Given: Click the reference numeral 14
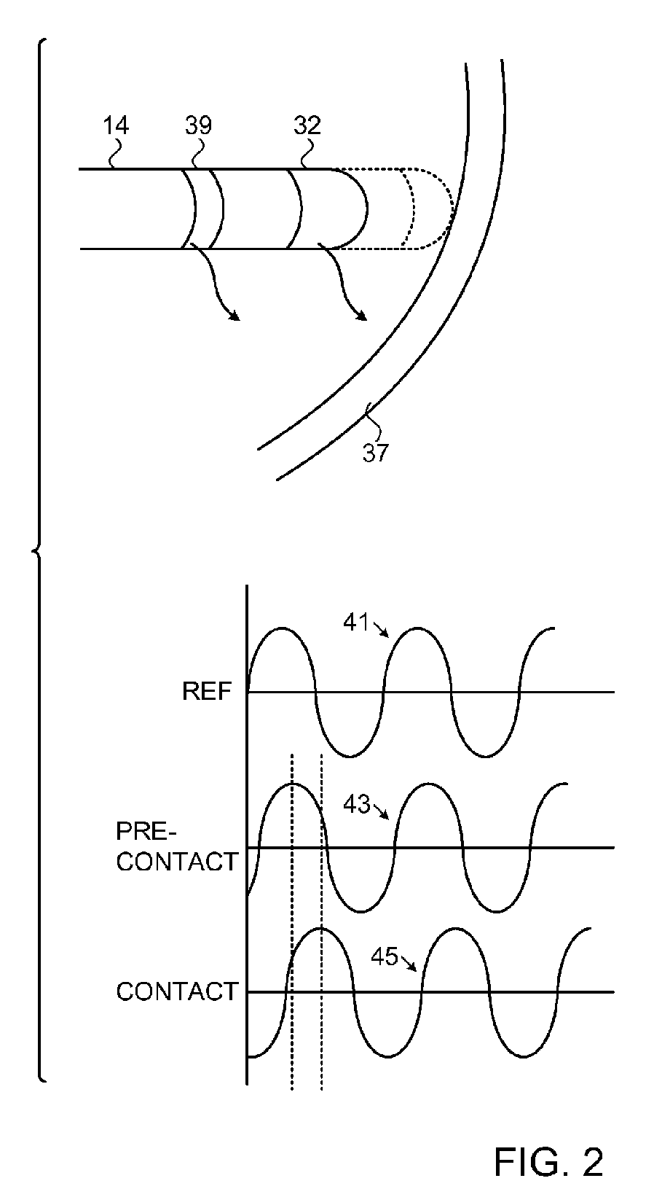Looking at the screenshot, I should pos(117,125).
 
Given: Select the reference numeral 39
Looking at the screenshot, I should pos(198,125).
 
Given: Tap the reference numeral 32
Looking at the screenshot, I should pos(307,125).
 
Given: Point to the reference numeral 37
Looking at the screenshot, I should pos(376,453).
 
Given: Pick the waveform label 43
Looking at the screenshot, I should pos(355,805).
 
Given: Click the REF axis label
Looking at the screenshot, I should pos(207,691).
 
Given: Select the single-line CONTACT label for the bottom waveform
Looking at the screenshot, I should pos(177,991).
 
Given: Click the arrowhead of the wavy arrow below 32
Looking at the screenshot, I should pos(362,316).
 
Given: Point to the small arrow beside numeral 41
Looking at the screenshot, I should pos(384,629).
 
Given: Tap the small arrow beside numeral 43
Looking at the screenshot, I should pos(385,814).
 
